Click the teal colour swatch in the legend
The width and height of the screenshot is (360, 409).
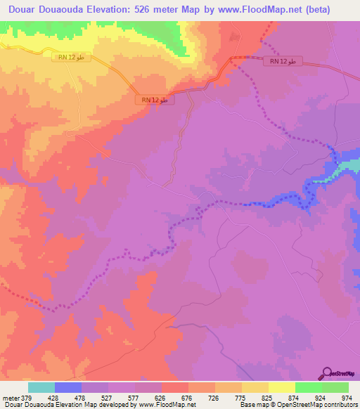pyautogui.click(x=41, y=387)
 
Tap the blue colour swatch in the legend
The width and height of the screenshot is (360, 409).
pyautogui.click(x=68, y=387)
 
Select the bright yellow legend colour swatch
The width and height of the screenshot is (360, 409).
pyautogui.click(x=281, y=387)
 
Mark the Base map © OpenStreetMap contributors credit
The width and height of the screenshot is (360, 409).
pyautogui.click(x=297, y=405)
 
